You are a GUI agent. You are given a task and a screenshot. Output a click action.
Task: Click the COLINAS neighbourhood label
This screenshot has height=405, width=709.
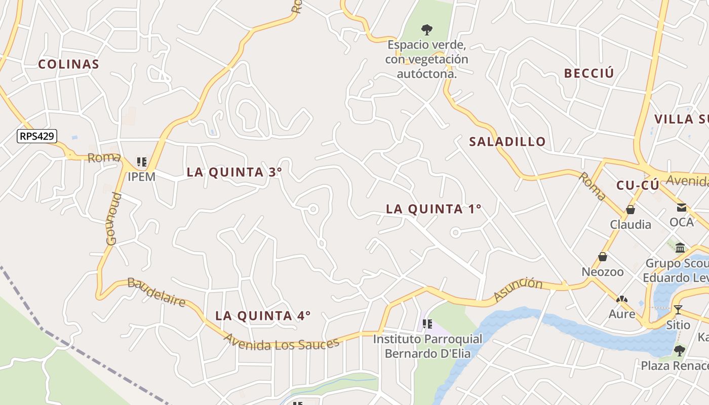click(68, 64)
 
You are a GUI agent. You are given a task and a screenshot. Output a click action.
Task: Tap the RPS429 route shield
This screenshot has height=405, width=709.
click(37, 136)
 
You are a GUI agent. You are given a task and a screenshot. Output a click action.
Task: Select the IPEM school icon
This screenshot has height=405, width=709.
click(142, 163)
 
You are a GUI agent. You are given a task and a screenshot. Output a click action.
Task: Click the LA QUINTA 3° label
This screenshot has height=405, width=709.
click(234, 172)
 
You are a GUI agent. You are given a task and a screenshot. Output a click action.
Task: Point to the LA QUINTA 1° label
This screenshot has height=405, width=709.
click(433, 209)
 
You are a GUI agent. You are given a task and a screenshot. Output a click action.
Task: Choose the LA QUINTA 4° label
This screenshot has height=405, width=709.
click(263, 316)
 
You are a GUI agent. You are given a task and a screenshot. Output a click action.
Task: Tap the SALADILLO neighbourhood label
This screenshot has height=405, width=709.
click(507, 142)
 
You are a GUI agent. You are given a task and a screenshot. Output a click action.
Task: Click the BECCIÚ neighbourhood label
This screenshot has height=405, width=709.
click(589, 73)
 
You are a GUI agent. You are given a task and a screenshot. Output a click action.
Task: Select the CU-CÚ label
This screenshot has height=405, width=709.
click(638, 185)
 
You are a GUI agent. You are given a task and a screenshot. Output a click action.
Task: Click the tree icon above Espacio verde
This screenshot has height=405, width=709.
click(427, 29)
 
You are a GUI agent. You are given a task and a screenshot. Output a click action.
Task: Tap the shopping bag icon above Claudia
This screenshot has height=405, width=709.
click(631, 209)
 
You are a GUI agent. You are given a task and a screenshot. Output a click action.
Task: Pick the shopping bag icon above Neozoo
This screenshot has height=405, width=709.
click(603, 257)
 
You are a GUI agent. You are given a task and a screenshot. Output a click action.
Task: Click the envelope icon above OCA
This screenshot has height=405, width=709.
click(681, 207)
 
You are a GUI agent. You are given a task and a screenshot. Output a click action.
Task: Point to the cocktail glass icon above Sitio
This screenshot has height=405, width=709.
click(678, 309)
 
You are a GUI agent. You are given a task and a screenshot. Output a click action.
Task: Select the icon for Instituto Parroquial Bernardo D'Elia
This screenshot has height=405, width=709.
click(427, 323)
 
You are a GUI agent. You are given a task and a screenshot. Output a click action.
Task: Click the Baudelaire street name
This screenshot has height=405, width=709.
click(156, 292)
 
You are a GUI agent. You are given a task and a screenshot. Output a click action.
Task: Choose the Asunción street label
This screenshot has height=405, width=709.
click(517, 289)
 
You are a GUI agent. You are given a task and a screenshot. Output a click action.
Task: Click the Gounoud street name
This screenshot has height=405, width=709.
click(114, 219)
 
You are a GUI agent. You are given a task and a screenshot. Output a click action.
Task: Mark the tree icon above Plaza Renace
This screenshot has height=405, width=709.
click(679, 350)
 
